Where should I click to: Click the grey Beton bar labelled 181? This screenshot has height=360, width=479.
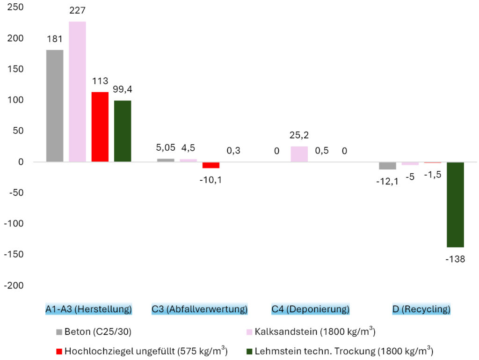[55, 106]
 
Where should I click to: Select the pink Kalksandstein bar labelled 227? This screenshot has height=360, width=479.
[77, 92]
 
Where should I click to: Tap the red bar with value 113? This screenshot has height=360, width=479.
[100, 127]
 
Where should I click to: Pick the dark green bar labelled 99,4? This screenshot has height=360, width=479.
[122, 131]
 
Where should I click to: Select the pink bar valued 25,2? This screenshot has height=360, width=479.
[299, 154]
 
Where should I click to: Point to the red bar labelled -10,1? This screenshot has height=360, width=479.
[211, 165]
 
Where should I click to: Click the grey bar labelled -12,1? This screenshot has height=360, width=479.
[388, 166]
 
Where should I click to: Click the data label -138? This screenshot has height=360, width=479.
[455, 258]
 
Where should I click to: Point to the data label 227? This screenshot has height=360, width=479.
[77, 10]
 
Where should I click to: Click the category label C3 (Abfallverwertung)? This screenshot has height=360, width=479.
[199, 309]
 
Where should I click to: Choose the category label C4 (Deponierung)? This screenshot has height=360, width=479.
[311, 309]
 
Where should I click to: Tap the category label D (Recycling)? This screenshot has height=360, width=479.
[421, 309]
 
